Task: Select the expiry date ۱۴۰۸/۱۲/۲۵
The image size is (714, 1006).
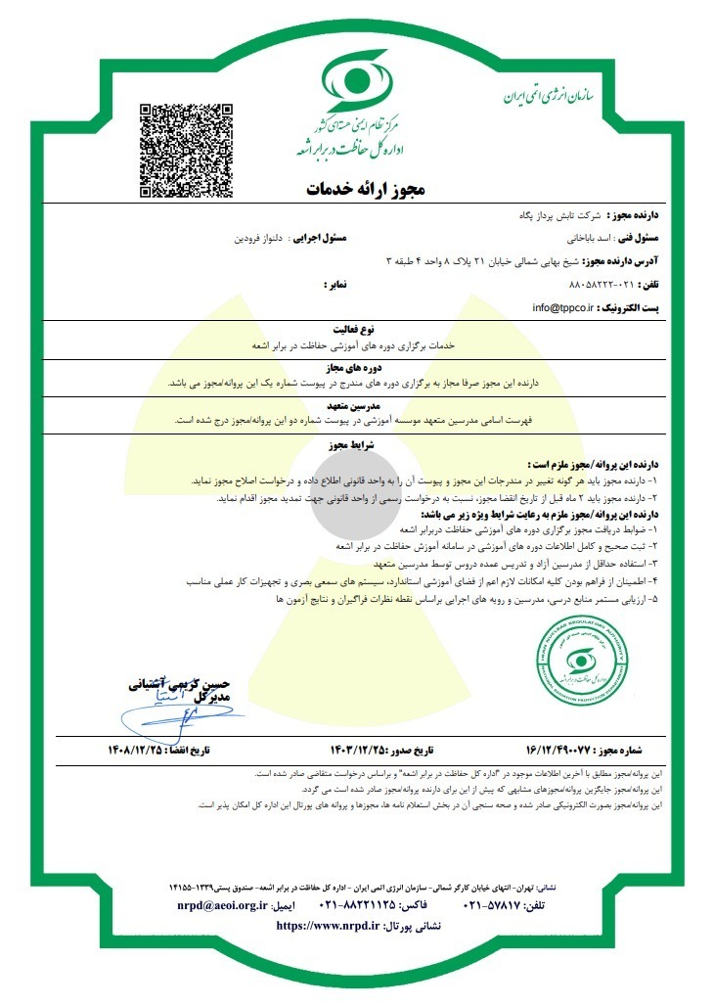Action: coord(147,752)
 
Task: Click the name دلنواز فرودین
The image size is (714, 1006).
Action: coord(259,237)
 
